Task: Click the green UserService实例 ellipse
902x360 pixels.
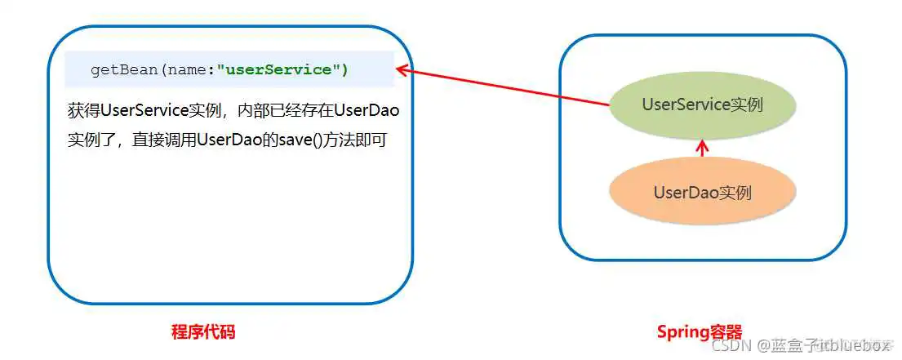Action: pos(702,104)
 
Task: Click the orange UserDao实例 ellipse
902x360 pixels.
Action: pos(702,193)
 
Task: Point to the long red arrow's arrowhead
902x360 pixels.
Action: pos(401,71)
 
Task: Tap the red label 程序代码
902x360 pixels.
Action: pos(203,332)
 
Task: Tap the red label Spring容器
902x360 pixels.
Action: pos(700,332)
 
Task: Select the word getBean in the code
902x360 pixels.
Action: pos(125,69)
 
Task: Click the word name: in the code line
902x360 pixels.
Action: pos(190,69)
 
